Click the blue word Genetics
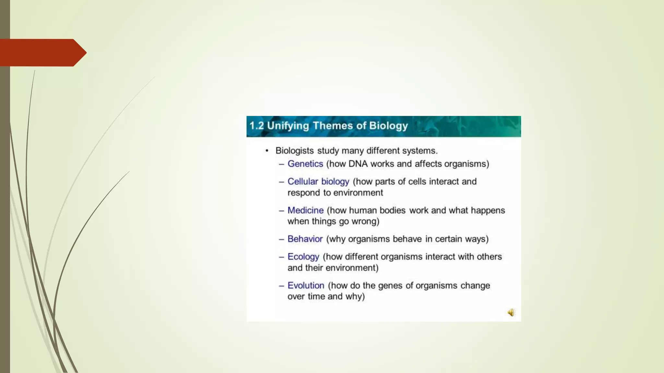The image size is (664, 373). click(305, 164)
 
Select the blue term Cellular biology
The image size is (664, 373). click(318, 181)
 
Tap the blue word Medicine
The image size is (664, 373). click(305, 210)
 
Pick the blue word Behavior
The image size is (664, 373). click(305, 239)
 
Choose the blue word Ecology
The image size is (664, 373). click(303, 257)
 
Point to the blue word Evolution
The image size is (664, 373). click(306, 285)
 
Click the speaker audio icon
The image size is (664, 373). click(511, 312)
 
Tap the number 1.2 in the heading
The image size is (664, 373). click(256, 126)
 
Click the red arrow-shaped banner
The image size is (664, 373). click(42, 53)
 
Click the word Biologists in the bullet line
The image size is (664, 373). click(294, 151)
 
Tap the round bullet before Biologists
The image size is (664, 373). click(267, 151)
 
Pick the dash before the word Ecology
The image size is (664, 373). click(281, 257)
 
